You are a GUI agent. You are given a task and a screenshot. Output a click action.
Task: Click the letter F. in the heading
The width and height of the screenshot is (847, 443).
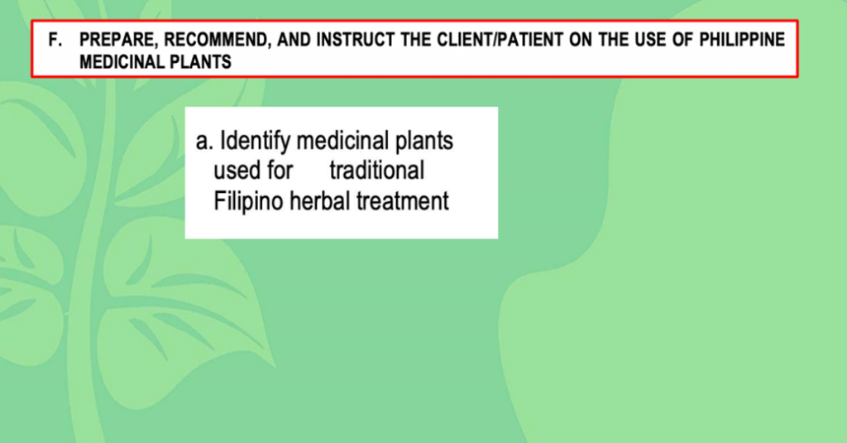[x=55, y=40]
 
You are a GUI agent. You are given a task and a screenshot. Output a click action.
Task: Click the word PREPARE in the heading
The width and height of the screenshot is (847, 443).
[x=119, y=40]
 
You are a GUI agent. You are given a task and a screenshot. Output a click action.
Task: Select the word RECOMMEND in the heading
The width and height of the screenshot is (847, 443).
[x=217, y=40]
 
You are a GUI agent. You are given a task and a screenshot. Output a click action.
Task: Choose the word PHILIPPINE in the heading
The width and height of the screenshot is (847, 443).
[x=742, y=40]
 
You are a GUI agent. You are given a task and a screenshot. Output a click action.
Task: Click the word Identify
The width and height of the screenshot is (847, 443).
[x=255, y=142]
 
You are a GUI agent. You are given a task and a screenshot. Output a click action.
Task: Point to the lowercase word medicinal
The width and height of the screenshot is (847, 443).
[x=342, y=141]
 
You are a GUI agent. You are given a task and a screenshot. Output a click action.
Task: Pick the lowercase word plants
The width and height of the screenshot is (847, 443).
[x=424, y=142]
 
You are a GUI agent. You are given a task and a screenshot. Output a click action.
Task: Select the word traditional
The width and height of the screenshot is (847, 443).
[x=377, y=171]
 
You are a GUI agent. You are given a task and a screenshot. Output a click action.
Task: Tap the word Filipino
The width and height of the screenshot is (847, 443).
[x=248, y=202]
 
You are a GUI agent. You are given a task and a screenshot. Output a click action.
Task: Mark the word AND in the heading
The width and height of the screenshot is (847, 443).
[x=294, y=40]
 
